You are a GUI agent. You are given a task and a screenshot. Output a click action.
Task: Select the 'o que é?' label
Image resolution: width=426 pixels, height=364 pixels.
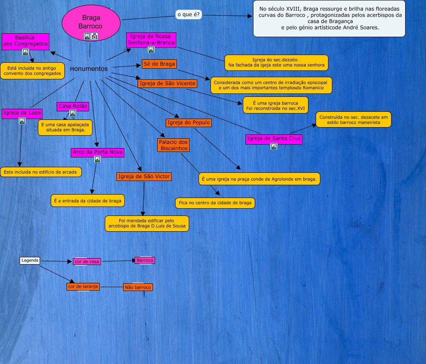coord(189,15)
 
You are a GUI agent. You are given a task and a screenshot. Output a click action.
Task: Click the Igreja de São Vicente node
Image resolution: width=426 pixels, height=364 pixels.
coord(167,83)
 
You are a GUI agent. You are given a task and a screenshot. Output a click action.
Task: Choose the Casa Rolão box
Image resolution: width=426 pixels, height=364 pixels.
coord(73,106)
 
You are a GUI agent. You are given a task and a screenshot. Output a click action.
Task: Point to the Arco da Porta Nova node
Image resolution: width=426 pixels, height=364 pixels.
coord(98,152)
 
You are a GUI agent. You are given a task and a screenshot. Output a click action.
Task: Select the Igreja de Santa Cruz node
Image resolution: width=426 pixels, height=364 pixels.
coord(274,138)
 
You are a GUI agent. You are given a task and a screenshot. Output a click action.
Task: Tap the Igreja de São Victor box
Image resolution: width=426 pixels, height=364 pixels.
coord(144,176)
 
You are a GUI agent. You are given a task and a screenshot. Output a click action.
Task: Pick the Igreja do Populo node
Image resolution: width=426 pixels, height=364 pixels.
coord(189,123)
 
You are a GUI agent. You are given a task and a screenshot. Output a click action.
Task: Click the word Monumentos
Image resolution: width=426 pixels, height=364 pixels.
coord(89,69)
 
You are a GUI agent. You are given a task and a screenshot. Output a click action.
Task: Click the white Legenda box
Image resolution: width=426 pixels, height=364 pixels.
coord(30,260)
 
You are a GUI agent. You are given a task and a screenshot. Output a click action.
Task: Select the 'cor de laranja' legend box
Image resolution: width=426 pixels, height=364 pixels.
coord(83,286)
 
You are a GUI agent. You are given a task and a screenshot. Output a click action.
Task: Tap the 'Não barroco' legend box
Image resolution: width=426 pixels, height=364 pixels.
coord(138,287)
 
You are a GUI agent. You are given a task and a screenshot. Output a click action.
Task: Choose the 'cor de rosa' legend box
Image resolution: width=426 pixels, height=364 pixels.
coord(87,261)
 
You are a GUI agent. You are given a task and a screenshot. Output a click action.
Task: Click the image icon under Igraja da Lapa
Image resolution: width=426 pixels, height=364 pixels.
coord(22,121)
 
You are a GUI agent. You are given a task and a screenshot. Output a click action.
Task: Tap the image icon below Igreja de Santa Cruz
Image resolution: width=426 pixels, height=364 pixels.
coord(274,146)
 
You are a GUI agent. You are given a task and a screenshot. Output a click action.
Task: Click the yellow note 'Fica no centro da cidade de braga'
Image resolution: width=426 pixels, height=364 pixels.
coord(215,203)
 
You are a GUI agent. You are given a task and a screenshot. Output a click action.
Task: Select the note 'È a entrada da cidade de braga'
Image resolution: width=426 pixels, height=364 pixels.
coord(87,201)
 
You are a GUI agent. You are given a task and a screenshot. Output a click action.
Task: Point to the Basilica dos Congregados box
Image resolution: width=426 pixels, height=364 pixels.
coord(26,41)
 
